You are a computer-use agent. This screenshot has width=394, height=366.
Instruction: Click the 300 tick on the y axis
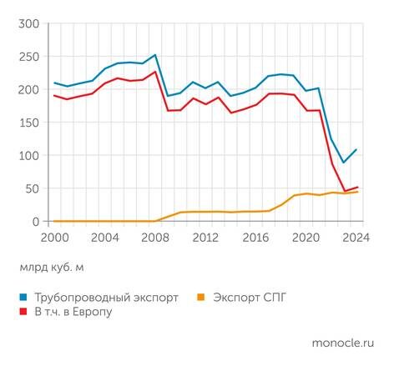coord(28,24)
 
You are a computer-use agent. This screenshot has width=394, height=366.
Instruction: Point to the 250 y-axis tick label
coord(28,57)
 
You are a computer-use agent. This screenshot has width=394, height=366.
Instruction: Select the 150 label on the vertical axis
coord(28,123)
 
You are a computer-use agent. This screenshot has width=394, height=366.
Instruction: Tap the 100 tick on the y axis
coord(28,156)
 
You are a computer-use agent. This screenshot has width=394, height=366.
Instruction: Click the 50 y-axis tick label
coord(32,188)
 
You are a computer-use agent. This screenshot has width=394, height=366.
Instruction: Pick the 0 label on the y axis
coord(36,221)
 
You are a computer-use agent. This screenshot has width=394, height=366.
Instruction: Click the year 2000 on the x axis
coord(55,237)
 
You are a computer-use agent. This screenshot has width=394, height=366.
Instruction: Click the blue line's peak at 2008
coord(155,55)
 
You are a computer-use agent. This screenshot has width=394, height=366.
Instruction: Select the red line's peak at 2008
coord(155,72)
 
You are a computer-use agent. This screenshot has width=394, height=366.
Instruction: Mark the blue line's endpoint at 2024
coord(356,150)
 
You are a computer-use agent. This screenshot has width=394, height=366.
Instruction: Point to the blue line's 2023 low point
coord(344,163)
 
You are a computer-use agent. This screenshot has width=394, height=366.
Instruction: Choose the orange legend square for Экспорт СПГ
coord(200,297)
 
